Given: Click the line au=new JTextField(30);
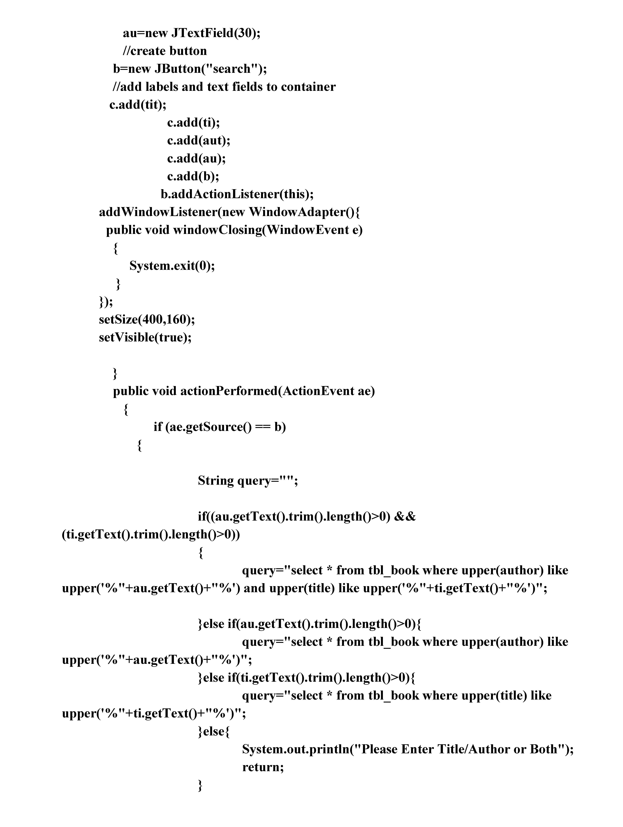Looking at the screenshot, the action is (x=192, y=33).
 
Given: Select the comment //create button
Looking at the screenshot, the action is (x=165, y=51).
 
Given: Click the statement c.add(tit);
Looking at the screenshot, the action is (x=138, y=105).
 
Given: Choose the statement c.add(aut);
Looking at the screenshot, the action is (x=199, y=141).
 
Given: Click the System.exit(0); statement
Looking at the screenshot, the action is (x=172, y=266).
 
